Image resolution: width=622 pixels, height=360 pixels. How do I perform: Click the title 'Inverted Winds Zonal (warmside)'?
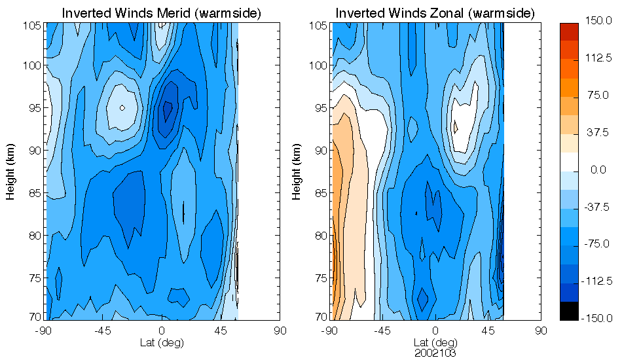point(435,13)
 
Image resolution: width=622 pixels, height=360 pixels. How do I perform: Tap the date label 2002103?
point(435,352)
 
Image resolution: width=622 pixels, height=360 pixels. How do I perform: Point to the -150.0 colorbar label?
point(598,318)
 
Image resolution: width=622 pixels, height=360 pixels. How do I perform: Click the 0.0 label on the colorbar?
point(598,170)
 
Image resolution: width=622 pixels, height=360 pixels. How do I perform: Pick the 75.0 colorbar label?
point(598,96)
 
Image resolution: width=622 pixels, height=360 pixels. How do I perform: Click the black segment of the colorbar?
point(569,312)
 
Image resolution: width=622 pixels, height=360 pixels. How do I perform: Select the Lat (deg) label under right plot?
point(435,342)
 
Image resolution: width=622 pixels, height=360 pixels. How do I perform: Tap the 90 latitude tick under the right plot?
point(541,331)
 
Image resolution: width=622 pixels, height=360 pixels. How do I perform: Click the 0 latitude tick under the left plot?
point(162,331)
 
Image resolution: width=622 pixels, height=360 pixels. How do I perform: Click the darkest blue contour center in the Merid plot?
point(167,108)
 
